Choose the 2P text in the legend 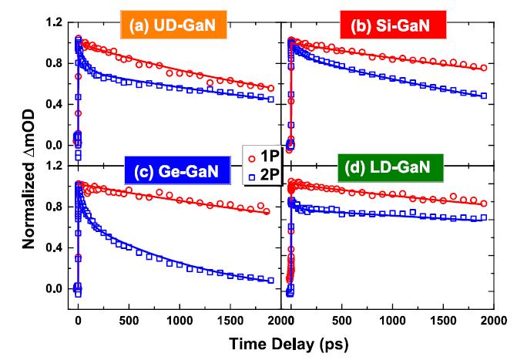click(x=270, y=174)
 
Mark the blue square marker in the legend click(x=251, y=175)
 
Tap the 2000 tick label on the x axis click(x=494, y=318)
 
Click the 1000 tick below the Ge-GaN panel click(x=179, y=318)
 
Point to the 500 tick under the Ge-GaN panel click(x=129, y=318)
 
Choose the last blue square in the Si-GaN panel click(x=483, y=96)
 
